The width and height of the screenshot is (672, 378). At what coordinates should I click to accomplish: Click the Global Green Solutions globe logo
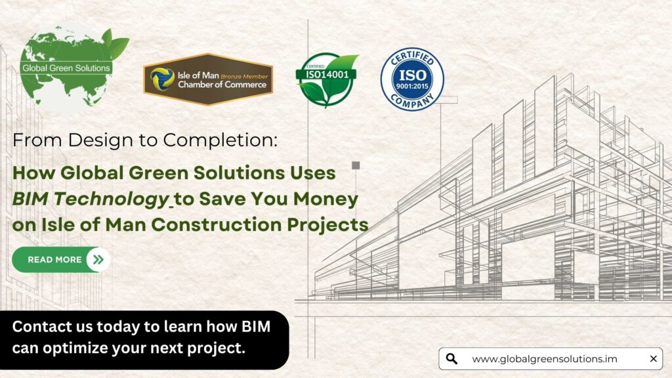[68, 68]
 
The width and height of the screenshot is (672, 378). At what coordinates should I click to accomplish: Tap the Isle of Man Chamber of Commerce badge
[208, 79]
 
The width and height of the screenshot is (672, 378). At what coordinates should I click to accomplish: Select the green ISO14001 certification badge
[327, 79]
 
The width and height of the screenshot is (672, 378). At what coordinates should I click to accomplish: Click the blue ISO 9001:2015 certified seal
[412, 79]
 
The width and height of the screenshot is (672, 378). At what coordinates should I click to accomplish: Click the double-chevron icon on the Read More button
[98, 259]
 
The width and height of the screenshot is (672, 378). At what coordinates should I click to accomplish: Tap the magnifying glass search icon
[451, 359]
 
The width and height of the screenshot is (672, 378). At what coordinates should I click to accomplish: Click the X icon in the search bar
[653, 359]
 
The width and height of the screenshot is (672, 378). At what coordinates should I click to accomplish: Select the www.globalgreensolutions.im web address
[544, 359]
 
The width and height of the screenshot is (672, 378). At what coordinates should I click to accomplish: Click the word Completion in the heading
[220, 140]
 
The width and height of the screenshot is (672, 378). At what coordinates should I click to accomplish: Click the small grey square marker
[356, 165]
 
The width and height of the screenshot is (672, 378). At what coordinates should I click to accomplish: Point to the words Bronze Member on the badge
[244, 76]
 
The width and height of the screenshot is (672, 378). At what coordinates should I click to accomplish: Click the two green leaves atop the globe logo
[115, 43]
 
